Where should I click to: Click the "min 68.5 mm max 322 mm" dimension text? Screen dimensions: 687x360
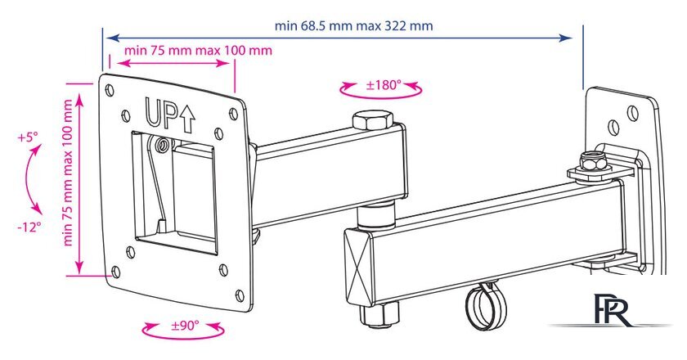(x=353, y=26)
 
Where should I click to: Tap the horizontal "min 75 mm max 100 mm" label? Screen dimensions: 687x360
(x=198, y=51)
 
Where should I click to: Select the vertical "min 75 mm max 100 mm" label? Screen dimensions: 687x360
(x=68, y=173)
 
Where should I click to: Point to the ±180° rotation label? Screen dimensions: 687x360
(x=384, y=84)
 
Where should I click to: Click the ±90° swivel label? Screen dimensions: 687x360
(x=185, y=326)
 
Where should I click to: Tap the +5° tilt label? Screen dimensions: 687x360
(x=28, y=137)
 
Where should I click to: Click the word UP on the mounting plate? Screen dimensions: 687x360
(x=161, y=113)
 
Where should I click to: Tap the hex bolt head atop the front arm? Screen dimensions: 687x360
(x=372, y=119)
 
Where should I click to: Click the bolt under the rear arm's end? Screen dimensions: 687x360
(x=379, y=314)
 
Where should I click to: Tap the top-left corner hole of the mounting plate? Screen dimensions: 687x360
(x=110, y=90)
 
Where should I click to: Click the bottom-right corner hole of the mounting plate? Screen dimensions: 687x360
(x=240, y=295)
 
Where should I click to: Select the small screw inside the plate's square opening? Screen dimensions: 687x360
(x=164, y=144)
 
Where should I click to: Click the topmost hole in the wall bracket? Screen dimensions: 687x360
(x=632, y=112)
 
